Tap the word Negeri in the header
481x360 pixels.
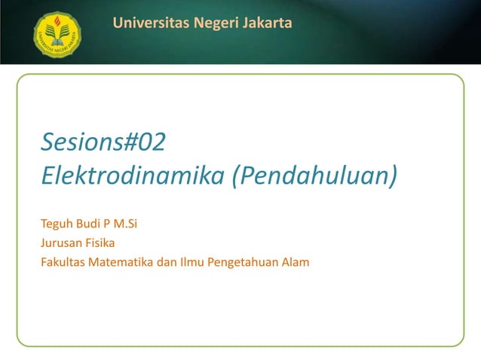coord(213,24)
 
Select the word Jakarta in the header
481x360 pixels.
coord(267,24)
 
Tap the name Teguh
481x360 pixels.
coord(56,224)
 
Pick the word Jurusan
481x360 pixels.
coord(61,243)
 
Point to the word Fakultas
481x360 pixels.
coord(63,262)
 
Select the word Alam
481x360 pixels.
coord(295,262)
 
